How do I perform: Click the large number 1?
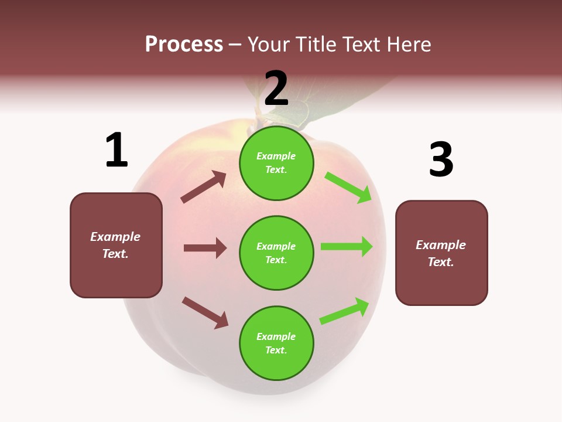coord(116,150)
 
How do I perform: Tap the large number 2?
coord(276,89)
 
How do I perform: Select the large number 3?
coord(441,159)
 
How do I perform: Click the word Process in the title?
coord(184,44)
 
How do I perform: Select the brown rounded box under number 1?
coord(116,245)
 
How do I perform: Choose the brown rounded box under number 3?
coord(441,253)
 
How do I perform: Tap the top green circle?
coord(276,162)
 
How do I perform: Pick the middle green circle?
coord(276,253)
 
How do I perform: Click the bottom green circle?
coord(276,343)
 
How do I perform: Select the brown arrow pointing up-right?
coord(204,187)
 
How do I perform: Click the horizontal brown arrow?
coord(205,248)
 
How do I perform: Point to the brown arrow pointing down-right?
coord(205,312)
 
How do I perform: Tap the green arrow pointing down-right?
coord(348,187)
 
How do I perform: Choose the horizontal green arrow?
coord(347,247)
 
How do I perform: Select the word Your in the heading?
coord(269,44)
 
